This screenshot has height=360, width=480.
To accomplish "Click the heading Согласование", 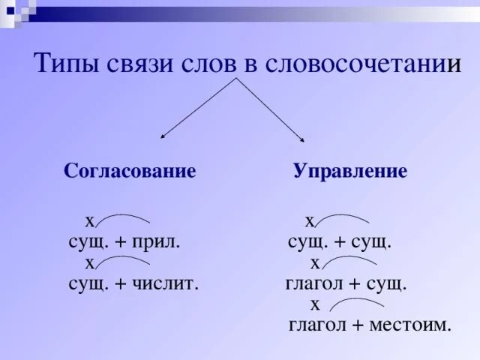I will pyautogui.click(x=130, y=171).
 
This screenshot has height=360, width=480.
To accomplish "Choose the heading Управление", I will pyautogui.click(x=350, y=171).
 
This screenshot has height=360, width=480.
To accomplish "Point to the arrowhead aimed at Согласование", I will pyautogui.click(x=163, y=136).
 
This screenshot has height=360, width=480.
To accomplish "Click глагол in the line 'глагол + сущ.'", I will pyautogui.click(x=313, y=284).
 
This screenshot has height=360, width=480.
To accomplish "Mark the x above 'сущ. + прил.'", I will pyautogui.click(x=90, y=221).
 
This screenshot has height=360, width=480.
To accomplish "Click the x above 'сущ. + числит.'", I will pyautogui.click(x=90, y=262).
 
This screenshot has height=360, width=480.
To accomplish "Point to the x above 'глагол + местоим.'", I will pyautogui.click(x=315, y=304).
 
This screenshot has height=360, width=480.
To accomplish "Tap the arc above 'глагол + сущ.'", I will pyautogui.click(x=349, y=259).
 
